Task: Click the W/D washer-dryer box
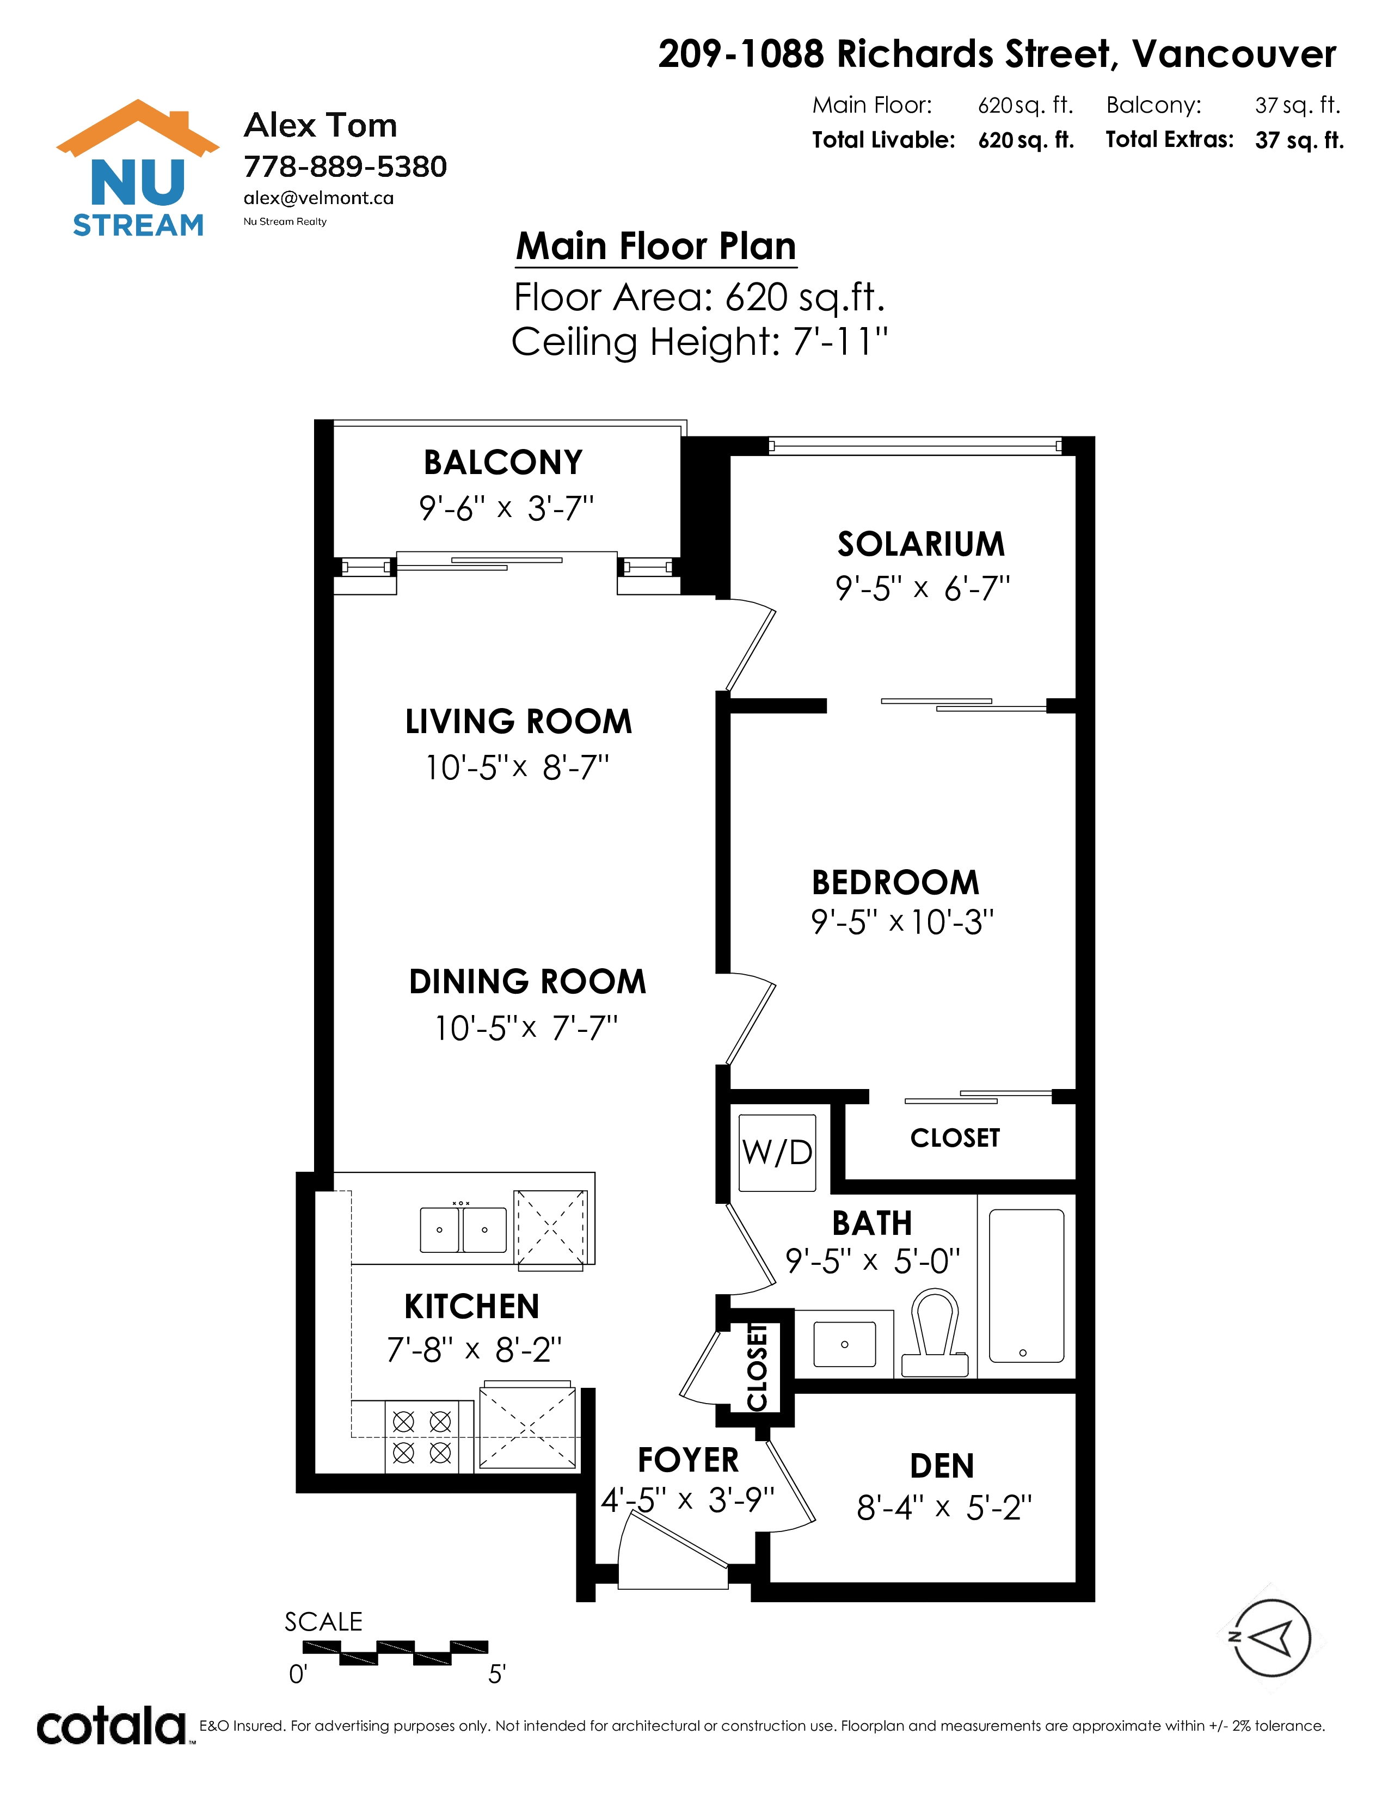pyautogui.click(x=777, y=1152)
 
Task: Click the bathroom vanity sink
pyautogui.click(x=844, y=1344)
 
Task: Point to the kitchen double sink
pyautogui.click(x=463, y=1229)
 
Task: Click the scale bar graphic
pyautogui.click(x=396, y=1652)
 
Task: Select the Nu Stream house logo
pyautogui.click(x=138, y=169)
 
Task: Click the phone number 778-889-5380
pyautogui.click(x=345, y=167)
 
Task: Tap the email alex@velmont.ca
pyautogui.click(x=318, y=198)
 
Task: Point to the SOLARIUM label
pyautogui.click(x=921, y=544)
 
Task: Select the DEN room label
pyautogui.click(x=942, y=1466)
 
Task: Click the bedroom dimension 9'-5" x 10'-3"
pyautogui.click(x=902, y=922)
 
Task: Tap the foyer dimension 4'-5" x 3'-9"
pyautogui.click(x=687, y=1501)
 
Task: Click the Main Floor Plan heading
pyautogui.click(x=656, y=247)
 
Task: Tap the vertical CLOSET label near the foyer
pyautogui.click(x=757, y=1367)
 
